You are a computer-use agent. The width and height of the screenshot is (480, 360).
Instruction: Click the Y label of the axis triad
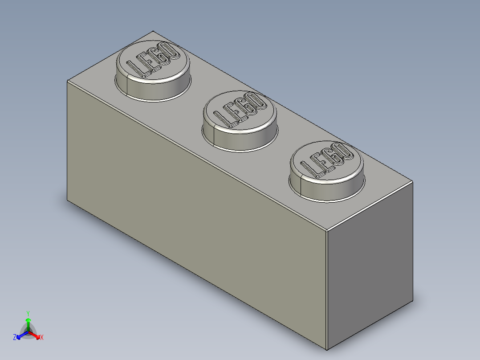pos(28,313)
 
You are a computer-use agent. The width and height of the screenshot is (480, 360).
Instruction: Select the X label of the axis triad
pos(42,338)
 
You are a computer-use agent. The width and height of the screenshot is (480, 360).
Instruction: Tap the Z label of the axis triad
pos(15,338)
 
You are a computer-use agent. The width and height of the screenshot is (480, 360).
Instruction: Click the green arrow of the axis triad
pos(28,323)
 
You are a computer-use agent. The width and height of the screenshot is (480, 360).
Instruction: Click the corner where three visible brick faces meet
pos(326,232)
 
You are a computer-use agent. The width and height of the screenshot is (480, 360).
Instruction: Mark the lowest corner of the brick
pos(326,350)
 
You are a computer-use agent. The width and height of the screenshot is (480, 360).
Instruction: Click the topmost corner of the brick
pos(153,31)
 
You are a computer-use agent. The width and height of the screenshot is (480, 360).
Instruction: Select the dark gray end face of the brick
pos(370,267)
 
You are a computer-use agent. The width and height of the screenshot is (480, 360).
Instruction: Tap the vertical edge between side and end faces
pos(326,290)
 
